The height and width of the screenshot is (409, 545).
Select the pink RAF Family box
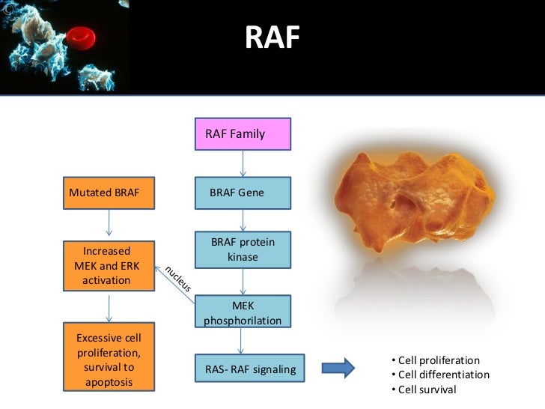pyautogui.click(x=242, y=135)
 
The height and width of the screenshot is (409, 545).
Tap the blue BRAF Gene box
pyautogui.click(x=242, y=193)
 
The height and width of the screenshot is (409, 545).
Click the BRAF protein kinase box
pyautogui.click(x=242, y=250)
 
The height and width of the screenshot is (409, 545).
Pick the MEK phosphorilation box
pyautogui.click(x=242, y=312)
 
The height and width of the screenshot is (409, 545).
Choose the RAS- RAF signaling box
pyautogui.click(x=250, y=369)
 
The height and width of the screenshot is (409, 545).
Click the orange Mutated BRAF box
pyautogui.click(x=109, y=193)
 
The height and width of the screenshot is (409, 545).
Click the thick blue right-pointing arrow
pyautogui.click(x=338, y=367)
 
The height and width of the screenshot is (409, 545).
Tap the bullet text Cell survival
pyautogui.click(x=427, y=390)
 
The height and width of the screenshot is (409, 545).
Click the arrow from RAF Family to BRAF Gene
pyautogui.click(x=242, y=163)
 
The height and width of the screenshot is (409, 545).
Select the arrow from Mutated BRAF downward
pyautogui.click(x=109, y=222)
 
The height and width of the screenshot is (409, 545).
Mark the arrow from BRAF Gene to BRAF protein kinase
pyautogui.click(x=242, y=220)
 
